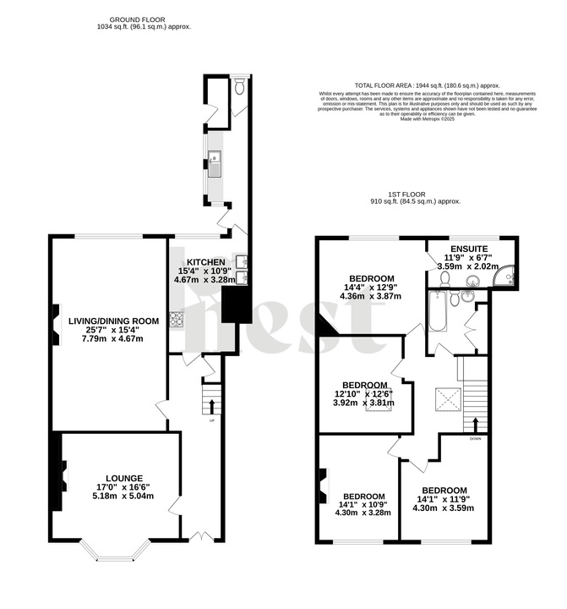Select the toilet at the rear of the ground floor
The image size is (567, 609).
click(240, 85)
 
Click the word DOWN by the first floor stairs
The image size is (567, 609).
click(476, 438)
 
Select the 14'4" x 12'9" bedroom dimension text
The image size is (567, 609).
click(372, 288)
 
